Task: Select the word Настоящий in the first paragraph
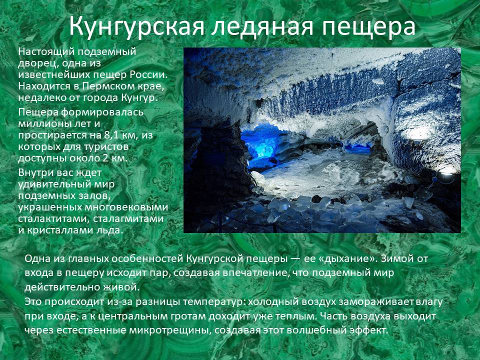tap(45, 52)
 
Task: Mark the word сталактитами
tap(53, 219)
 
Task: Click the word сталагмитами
tap(128, 219)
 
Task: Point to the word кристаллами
tap(57, 230)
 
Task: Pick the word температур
tap(214, 302)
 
